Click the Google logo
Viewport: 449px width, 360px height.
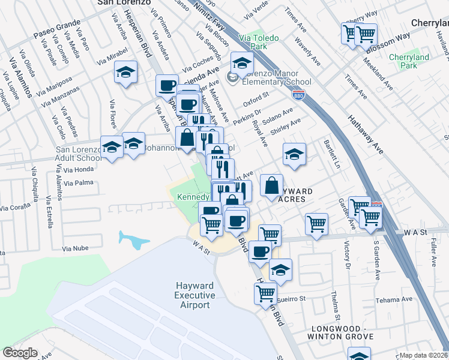point(20,353)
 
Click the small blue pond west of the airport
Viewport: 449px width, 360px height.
point(134,239)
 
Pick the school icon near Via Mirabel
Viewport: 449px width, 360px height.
point(126,73)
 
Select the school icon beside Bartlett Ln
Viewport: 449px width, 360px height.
point(294,154)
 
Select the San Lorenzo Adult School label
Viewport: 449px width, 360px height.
point(79,154)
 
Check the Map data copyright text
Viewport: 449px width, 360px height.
point(424,355)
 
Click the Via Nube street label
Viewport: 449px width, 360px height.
point(75,248)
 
